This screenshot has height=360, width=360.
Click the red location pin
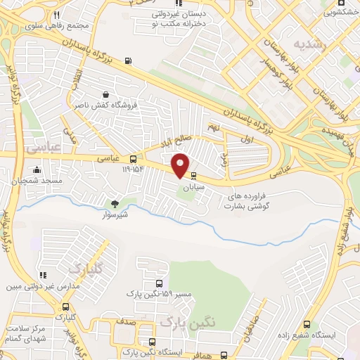pos(181,165)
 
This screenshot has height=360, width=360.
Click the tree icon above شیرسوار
pos(115,203)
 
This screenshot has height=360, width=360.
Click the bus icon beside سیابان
pos(194,177)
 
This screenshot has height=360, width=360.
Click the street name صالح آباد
pos(175,140)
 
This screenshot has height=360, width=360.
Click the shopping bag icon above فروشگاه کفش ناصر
pos(105,94)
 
